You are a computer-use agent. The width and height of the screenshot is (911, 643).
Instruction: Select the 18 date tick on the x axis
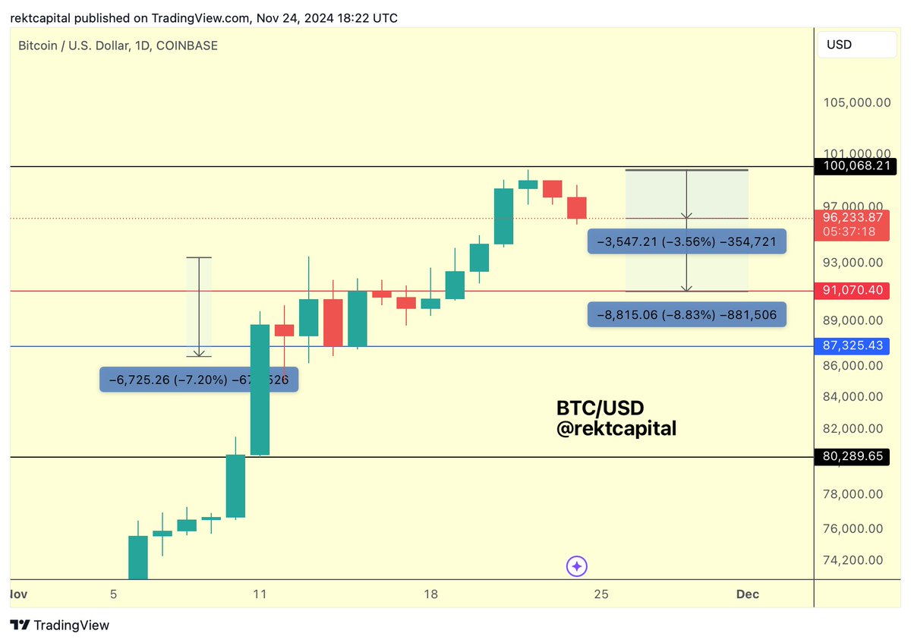click(430, 594)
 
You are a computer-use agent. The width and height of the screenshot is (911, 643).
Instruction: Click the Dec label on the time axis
click(747, 594)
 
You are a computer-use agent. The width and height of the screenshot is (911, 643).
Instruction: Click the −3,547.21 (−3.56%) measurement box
click(686, 242)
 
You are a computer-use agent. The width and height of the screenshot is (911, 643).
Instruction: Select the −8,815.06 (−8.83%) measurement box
click(686, 314)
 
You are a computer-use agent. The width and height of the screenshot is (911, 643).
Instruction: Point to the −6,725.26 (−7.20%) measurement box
click(199, 379)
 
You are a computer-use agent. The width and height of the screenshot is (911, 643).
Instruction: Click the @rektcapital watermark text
click(616, 429)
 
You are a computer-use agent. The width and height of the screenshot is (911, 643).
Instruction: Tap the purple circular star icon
click(577, 566)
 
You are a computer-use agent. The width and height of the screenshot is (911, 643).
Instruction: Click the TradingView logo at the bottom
click(60, 626)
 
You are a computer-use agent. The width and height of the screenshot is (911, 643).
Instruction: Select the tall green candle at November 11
click(260, 389)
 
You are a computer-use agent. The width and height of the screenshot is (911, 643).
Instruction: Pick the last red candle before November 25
click(577, 207)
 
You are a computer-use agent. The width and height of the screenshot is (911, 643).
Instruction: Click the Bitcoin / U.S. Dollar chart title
click(118, 46)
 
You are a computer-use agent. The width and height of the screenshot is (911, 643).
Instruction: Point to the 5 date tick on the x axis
click(113, 594)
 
